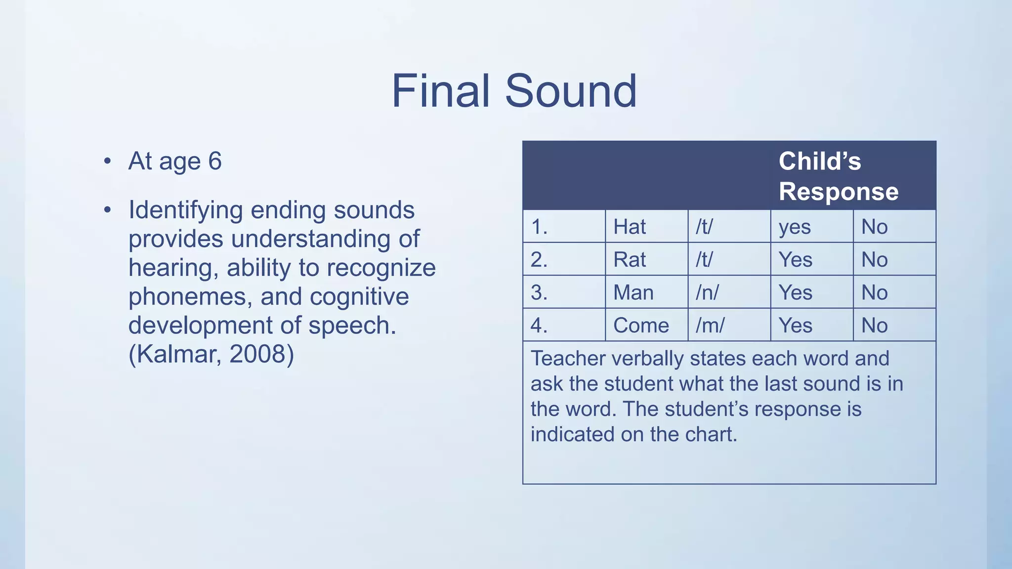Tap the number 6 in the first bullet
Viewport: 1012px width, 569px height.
coord(214,161)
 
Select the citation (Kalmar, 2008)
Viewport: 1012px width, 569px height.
coord(211,354)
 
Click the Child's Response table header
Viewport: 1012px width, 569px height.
coord(838,176)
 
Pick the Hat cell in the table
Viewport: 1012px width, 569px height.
coord(630,227)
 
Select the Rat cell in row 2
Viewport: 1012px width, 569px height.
coord(630,259)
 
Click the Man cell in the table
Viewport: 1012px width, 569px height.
coord(633,292)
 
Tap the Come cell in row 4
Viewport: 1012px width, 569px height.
coord(641,325)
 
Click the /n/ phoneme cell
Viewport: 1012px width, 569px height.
coord(707,292)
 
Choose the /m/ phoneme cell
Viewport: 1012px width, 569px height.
coord(710,325)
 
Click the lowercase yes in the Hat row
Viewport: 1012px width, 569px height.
coord(795,227)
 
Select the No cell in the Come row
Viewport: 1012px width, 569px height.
coord(874,325)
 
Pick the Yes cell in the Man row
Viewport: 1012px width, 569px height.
coord(795,292)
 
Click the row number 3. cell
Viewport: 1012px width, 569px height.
coord(539,292)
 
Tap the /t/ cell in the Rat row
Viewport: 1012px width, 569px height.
coord(704,259)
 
